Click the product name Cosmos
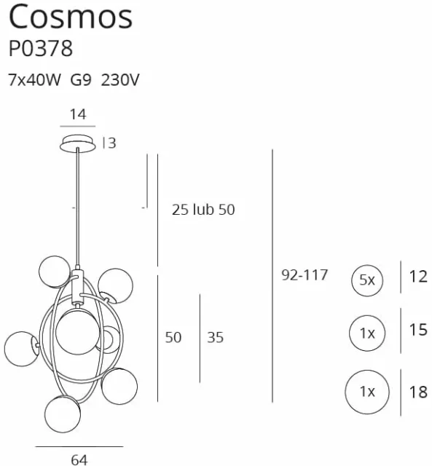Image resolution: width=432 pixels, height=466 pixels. coord(71,16)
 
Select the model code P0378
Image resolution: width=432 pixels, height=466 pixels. coord(41,50)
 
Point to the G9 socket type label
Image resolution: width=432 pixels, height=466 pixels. coord(81,80)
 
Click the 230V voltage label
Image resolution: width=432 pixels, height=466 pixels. coord(120,80)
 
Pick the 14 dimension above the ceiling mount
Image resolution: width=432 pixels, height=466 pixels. coord(77,114)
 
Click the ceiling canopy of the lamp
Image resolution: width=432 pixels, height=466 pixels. coord(77,142)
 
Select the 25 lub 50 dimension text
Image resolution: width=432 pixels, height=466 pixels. coord(203,210)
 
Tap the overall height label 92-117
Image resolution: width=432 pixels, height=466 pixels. coord(304,275)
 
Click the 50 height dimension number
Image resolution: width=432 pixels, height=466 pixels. coord(173,337)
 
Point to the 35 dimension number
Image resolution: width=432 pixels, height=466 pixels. coord(215,337)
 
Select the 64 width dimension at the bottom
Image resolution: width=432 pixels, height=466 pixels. coord(79,459)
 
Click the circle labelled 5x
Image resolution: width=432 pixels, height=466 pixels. coord(366,279)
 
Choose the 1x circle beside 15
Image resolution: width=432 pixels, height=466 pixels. coord(366,333)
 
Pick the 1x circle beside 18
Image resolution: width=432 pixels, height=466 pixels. coord(366,392)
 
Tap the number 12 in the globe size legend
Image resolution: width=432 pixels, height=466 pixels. coord(418,277)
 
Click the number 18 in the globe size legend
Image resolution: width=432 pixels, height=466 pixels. coord(418,392)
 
